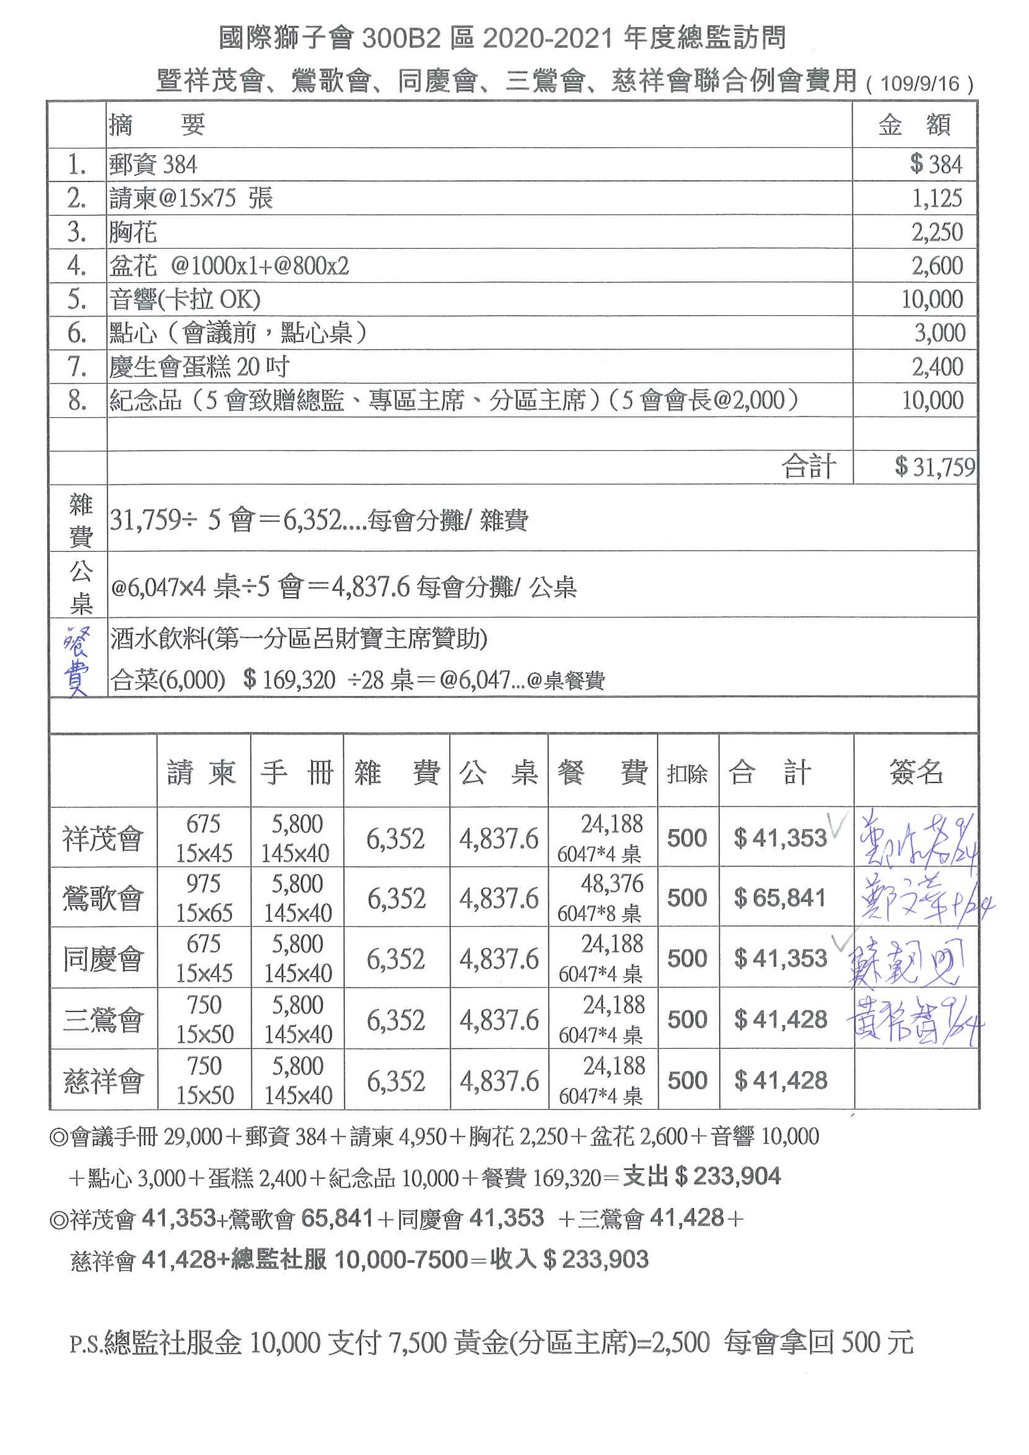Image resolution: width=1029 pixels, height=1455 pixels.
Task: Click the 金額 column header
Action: pos(914,125)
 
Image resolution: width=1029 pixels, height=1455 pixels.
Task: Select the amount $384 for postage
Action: pos(936,164)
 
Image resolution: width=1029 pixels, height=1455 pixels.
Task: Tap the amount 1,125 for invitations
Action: pos(937,198)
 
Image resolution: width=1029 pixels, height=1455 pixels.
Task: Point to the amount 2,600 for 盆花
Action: pos(937,265)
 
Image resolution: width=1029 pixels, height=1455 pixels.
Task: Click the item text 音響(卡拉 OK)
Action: pos(185,299)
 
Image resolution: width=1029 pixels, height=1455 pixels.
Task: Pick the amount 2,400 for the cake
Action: pos(937,366)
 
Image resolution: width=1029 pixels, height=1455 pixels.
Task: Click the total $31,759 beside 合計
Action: pos(934,467)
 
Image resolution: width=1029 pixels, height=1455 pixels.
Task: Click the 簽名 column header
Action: pos(916,772)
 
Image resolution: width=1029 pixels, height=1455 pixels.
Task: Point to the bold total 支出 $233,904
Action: pos(702,1177)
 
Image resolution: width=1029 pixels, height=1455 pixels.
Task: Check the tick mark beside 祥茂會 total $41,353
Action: pos(838,825)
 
